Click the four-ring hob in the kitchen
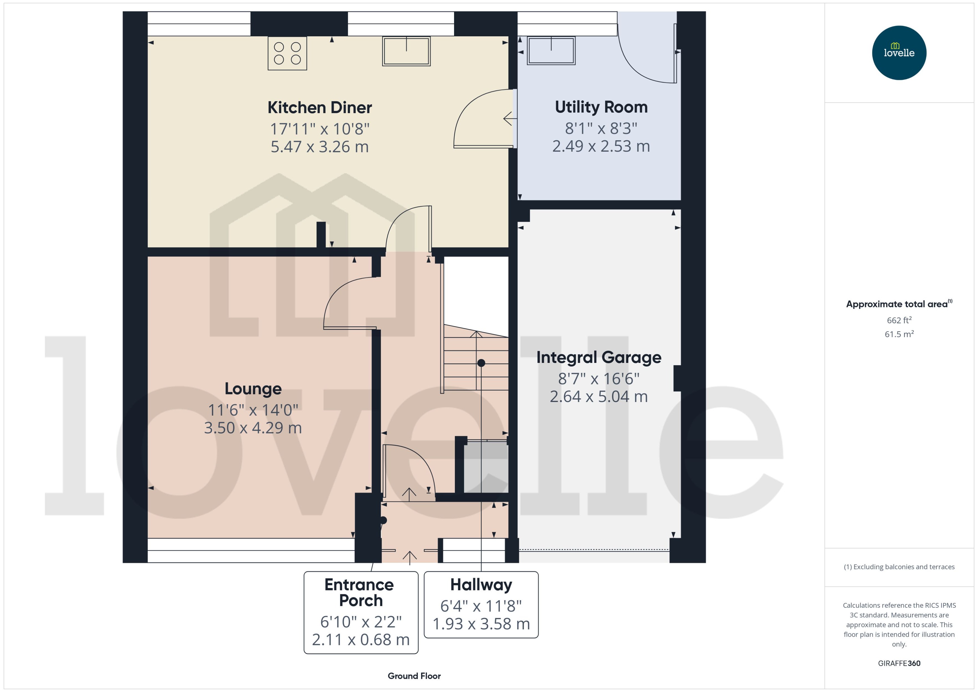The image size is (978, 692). tap(287, 53)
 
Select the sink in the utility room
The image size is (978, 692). tap(551, 51)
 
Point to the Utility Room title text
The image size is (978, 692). tap(601, 107)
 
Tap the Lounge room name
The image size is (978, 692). tap(253, 389)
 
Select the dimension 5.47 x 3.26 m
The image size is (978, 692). tap(320, 147)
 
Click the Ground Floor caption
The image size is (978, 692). tap(414, 676)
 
